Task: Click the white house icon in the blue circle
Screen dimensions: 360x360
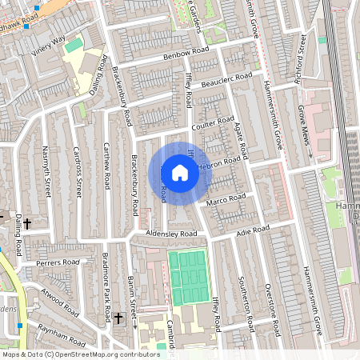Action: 180,172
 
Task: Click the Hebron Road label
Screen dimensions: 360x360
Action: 218,162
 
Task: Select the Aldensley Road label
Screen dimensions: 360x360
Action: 171,234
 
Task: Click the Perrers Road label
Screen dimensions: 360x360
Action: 58,262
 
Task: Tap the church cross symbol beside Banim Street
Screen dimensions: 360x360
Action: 118,318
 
